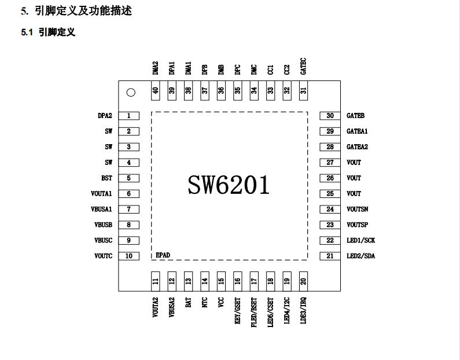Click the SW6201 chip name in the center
229,185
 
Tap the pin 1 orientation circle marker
131,93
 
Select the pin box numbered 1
129,116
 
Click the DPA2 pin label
105,116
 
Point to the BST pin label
106,178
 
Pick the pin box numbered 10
129,256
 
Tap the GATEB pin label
355,116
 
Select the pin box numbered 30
330,116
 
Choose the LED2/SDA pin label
360,256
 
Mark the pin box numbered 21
330,256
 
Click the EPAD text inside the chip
163,255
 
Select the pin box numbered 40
155,91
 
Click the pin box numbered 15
221,281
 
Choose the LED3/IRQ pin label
303,310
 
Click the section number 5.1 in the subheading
27,32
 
